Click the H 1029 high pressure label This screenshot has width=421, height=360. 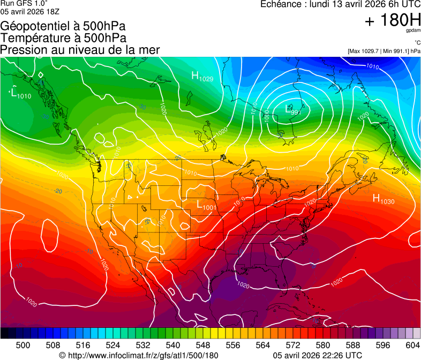point(202,77)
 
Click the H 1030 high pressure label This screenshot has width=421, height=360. point(384,199)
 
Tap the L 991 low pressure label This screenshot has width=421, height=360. point(293,110)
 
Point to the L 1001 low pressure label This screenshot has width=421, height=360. point(206,205)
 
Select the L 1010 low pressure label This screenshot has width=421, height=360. point(20,93)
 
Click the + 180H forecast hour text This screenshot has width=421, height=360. point(392,21)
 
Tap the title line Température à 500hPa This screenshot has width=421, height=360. point(63,38)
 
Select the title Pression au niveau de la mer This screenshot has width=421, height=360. point(80,50)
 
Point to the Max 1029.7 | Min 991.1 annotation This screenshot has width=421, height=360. point(384,51)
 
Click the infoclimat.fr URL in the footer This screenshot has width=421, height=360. point(142,355)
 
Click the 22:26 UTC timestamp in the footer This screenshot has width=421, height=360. point(340,355)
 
